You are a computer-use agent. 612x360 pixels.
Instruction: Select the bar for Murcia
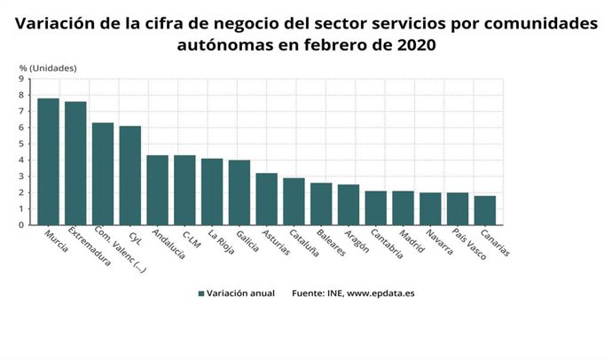coord(48,161)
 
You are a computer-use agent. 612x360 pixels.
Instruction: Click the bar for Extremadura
coord(75,163)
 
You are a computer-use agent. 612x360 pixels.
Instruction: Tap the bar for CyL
coord(130,176)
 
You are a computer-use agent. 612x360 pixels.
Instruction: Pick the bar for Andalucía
coord(157,190)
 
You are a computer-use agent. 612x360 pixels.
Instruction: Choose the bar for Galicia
coord(239,192)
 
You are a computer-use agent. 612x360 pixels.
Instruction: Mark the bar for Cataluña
coord(294,201)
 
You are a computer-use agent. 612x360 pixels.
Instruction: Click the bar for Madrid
coord(403,207)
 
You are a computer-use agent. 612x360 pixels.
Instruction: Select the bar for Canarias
coord(484,210)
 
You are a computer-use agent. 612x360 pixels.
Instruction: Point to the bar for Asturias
coord(266,199)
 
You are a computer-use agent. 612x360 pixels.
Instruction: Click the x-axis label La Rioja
coord(223,242)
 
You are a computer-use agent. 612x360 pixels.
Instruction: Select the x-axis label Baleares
coord(331,242)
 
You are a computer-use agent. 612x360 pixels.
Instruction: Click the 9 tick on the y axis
coord(21,79)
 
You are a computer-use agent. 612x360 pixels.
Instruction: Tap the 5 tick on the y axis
coord(21,144)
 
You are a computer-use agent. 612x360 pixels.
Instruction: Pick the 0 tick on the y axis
coord(21,225)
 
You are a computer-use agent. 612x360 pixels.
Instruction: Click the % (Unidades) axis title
coord(48,67)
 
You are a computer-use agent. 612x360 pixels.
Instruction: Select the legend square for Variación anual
coord(201,293)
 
